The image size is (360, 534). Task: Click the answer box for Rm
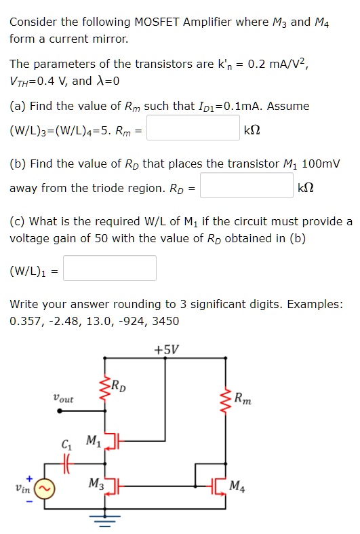click(193, 128)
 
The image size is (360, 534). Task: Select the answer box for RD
click(247, 185)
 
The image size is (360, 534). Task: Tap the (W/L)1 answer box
click(110, 268)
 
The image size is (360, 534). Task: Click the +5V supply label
click(167, 350)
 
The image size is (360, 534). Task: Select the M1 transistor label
click(93, 442)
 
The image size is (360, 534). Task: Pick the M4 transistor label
click(238, 486)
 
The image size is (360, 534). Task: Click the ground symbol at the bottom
click(105, 521)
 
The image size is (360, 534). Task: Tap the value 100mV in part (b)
click(318, 164)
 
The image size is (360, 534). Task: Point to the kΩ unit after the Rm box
click(251, 129)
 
